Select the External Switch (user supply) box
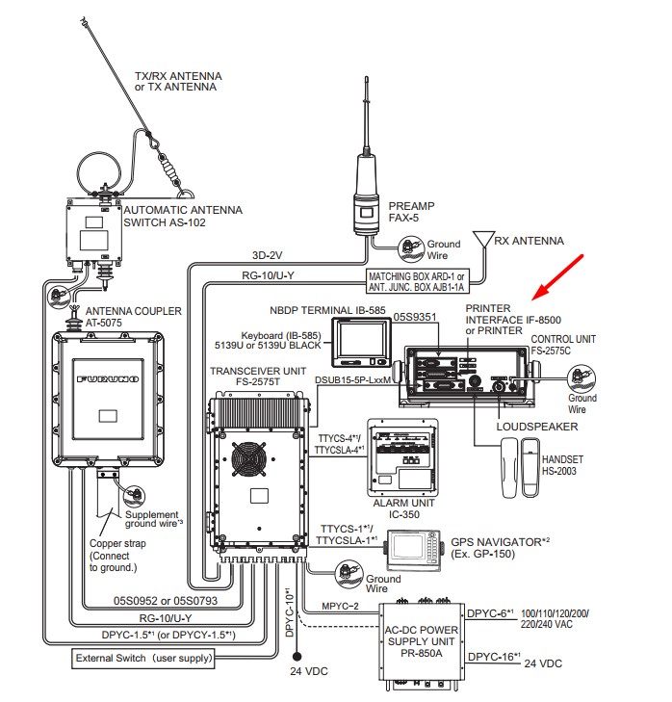pos(142,660)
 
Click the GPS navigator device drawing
pos(414,549)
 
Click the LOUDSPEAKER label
pos(537,426)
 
